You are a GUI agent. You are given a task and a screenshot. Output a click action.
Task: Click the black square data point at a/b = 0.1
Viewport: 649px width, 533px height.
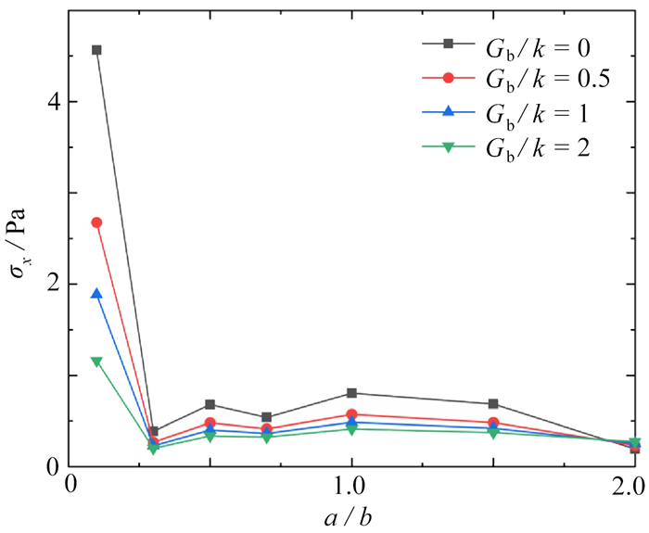96,50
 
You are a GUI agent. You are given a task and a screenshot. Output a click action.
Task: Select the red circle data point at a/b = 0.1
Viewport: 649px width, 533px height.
96,222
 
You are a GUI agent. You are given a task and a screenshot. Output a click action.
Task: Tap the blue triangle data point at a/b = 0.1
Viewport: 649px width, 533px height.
96,294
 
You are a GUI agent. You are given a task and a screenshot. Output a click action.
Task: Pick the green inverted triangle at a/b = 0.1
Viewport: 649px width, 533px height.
96,362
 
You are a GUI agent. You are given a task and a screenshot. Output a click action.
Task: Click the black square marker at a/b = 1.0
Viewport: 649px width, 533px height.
350,393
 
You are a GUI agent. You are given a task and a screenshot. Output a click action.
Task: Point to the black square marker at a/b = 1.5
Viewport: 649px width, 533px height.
493,404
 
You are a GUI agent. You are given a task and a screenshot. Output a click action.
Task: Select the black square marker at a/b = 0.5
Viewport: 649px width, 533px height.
210,404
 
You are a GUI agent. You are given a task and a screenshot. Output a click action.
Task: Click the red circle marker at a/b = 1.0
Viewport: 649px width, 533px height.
350,414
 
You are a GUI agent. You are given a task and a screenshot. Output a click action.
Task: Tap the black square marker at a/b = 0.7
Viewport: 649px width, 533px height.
267,417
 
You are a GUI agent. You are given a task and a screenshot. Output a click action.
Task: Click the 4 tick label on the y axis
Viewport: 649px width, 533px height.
52,101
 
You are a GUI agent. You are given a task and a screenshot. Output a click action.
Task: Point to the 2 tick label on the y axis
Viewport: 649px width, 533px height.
52,284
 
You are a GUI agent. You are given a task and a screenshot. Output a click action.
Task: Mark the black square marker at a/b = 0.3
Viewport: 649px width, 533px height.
153,432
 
